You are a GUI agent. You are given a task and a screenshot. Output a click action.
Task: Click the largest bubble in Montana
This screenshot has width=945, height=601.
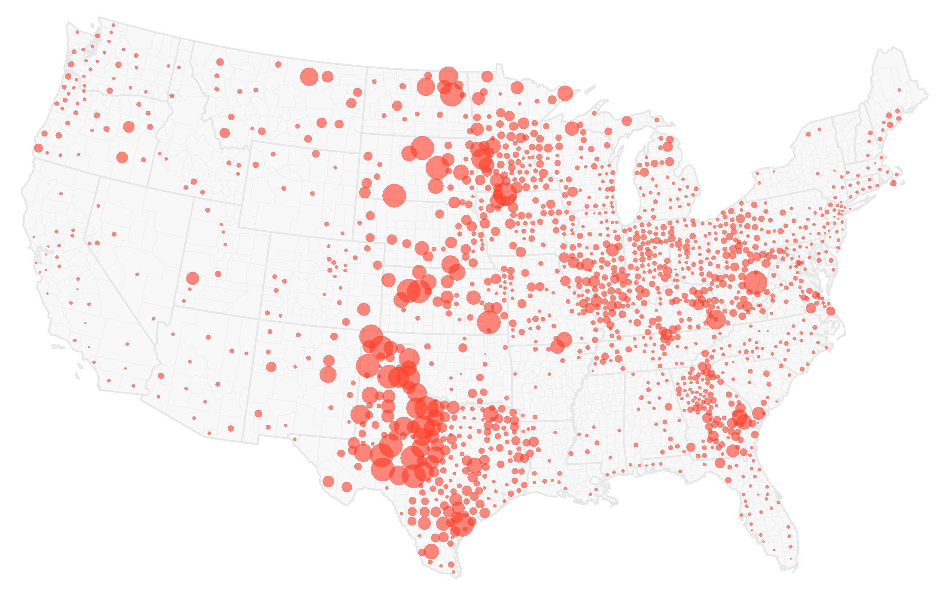[309, 77]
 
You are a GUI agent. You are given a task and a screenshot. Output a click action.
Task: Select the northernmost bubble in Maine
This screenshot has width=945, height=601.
[899, 90]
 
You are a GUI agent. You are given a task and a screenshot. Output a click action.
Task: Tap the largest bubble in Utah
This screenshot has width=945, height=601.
[192, 278]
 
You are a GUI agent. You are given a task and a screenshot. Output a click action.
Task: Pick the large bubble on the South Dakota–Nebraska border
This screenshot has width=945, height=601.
[394, 195]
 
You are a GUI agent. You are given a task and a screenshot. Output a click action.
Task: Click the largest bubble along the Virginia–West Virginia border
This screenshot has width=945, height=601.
[755, 282]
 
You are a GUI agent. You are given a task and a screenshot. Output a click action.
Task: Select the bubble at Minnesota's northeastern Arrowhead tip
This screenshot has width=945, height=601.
[565, 93]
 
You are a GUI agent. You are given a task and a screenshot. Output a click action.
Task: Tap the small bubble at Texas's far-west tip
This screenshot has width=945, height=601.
[295, 439]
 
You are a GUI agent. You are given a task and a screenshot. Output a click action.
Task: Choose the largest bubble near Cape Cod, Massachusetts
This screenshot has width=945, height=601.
[893, 183]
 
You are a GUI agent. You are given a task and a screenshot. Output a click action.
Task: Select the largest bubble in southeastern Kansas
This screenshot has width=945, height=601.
[488, 322]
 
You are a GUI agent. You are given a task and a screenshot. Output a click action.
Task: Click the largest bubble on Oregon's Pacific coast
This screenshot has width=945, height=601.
[38, 148]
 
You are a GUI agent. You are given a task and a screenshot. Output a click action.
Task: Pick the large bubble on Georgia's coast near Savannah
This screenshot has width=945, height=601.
[759, 413]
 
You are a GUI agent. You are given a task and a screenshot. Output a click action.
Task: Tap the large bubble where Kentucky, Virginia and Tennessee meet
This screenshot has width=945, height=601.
[716, 319]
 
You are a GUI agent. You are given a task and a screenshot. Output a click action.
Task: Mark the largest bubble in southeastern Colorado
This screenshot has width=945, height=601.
[363, 309]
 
